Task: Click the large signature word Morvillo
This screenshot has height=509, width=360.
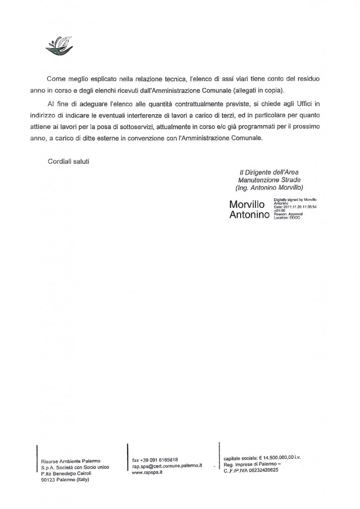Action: pos(250,205)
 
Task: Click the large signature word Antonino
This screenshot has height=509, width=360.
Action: pos(250,215)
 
